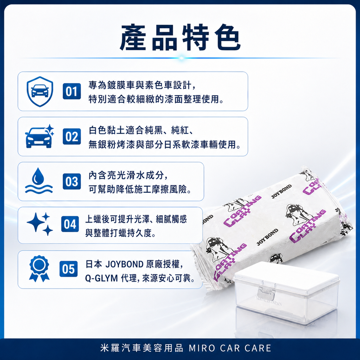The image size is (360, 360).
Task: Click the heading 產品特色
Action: point(180,37)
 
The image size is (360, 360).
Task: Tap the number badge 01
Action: point(72,91)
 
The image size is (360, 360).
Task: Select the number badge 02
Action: point(72,136)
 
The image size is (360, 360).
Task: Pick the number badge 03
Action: point(72,181)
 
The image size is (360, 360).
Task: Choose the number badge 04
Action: point(70,224)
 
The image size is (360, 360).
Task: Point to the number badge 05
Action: point(69,269)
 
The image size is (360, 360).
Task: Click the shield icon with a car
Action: point(40,91)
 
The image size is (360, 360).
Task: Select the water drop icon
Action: point(39,181)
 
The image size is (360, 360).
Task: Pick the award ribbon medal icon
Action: point(39,269)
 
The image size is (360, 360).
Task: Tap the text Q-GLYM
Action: point(101,278)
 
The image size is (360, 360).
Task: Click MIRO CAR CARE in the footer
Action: point(230,348)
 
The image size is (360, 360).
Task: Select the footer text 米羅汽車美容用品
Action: point(142,348)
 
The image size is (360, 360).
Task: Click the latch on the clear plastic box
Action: point(266,293)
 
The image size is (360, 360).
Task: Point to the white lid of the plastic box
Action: point(287,276)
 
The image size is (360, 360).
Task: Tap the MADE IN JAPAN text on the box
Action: point(269,301)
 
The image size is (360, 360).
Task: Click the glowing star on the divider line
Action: point(181,58)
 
